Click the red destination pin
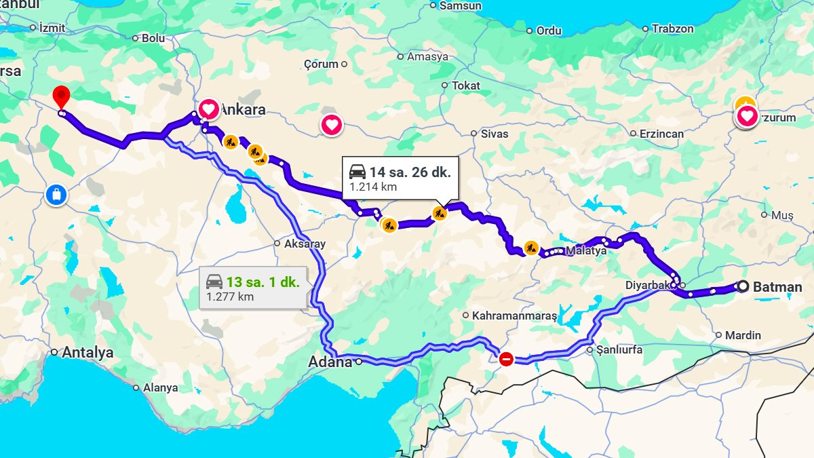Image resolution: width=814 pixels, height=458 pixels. [x=62, y=97]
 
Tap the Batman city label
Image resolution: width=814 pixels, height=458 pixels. [x=777, y=287]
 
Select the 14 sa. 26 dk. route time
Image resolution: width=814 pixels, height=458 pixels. [x=410, y=171]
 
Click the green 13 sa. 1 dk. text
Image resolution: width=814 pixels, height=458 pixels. [x=263, y=282]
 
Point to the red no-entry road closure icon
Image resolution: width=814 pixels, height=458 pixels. [x=506, y=359]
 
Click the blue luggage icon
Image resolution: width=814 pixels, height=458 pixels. [x=56, y=195]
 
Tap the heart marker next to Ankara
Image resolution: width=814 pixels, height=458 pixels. [x=209, y=109]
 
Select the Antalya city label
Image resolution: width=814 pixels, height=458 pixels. [x=88, y=353]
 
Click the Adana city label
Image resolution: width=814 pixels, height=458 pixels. [x=330, y=362]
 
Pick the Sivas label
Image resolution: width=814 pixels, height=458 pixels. [x=495, y=134]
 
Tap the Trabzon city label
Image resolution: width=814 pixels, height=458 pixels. [x=672, y=28]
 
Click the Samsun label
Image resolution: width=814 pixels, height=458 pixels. [x=461, y=6]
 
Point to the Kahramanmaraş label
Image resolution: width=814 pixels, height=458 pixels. [x=514, y=316]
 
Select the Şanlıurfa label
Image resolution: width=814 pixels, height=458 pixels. [x=619, y=350]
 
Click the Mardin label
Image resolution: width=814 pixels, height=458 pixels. [x=743, y=335]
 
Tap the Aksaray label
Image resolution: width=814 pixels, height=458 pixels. [x=305, y=244]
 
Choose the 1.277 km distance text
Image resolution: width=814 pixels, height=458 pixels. [x=230, y=297]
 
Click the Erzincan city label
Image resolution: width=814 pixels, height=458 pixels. [x=661, y=134]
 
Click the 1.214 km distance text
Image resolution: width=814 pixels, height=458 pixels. [x=373, y=187]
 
